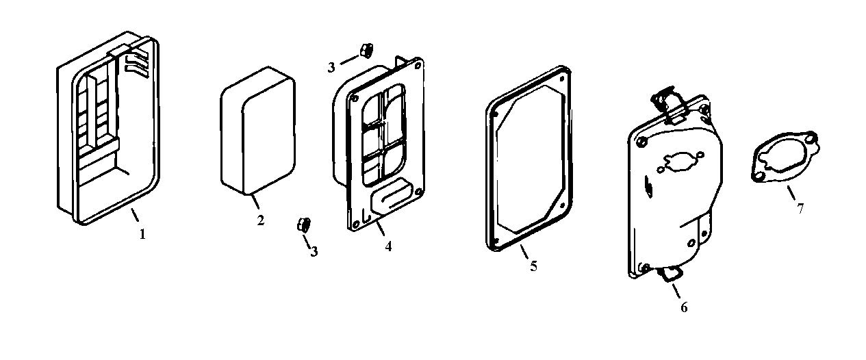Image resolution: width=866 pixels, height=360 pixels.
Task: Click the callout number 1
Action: (x=142, y=234)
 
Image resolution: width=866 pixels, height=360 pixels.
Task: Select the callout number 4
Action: (x=388, y=246)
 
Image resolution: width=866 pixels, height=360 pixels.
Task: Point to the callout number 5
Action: (x=533, y=266)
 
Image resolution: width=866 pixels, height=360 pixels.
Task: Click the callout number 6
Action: (x=683, y=307)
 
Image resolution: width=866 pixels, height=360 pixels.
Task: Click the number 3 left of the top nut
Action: (x=331, y=66)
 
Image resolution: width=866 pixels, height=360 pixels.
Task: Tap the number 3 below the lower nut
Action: (x=314, y=251)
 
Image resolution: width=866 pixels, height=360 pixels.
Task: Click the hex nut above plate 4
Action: (x=366, y=50)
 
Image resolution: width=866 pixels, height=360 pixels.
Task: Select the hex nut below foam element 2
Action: (x=304, y=224)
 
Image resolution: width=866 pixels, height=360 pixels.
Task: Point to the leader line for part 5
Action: (x=525, y=252)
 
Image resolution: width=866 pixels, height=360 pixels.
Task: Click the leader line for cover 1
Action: (x=135, y=216)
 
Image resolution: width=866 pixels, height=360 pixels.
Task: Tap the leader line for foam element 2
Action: (x=255, y=203)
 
